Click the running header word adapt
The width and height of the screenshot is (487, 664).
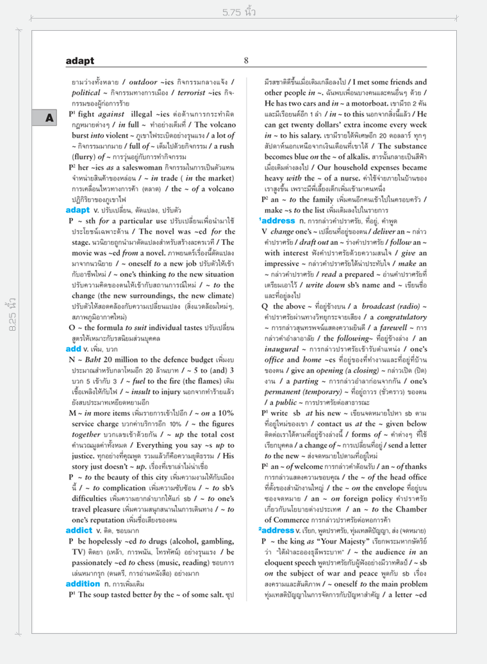click(79, 61)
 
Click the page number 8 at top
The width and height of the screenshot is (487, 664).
click(246, 61)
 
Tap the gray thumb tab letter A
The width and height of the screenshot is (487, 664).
click(49, 118)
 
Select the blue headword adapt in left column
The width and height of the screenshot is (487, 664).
click(78, 210)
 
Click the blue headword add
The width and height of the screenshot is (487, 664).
click(73, 349)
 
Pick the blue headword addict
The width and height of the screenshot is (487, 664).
click(79, 531)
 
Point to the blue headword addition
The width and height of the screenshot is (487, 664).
click(83, 584)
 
